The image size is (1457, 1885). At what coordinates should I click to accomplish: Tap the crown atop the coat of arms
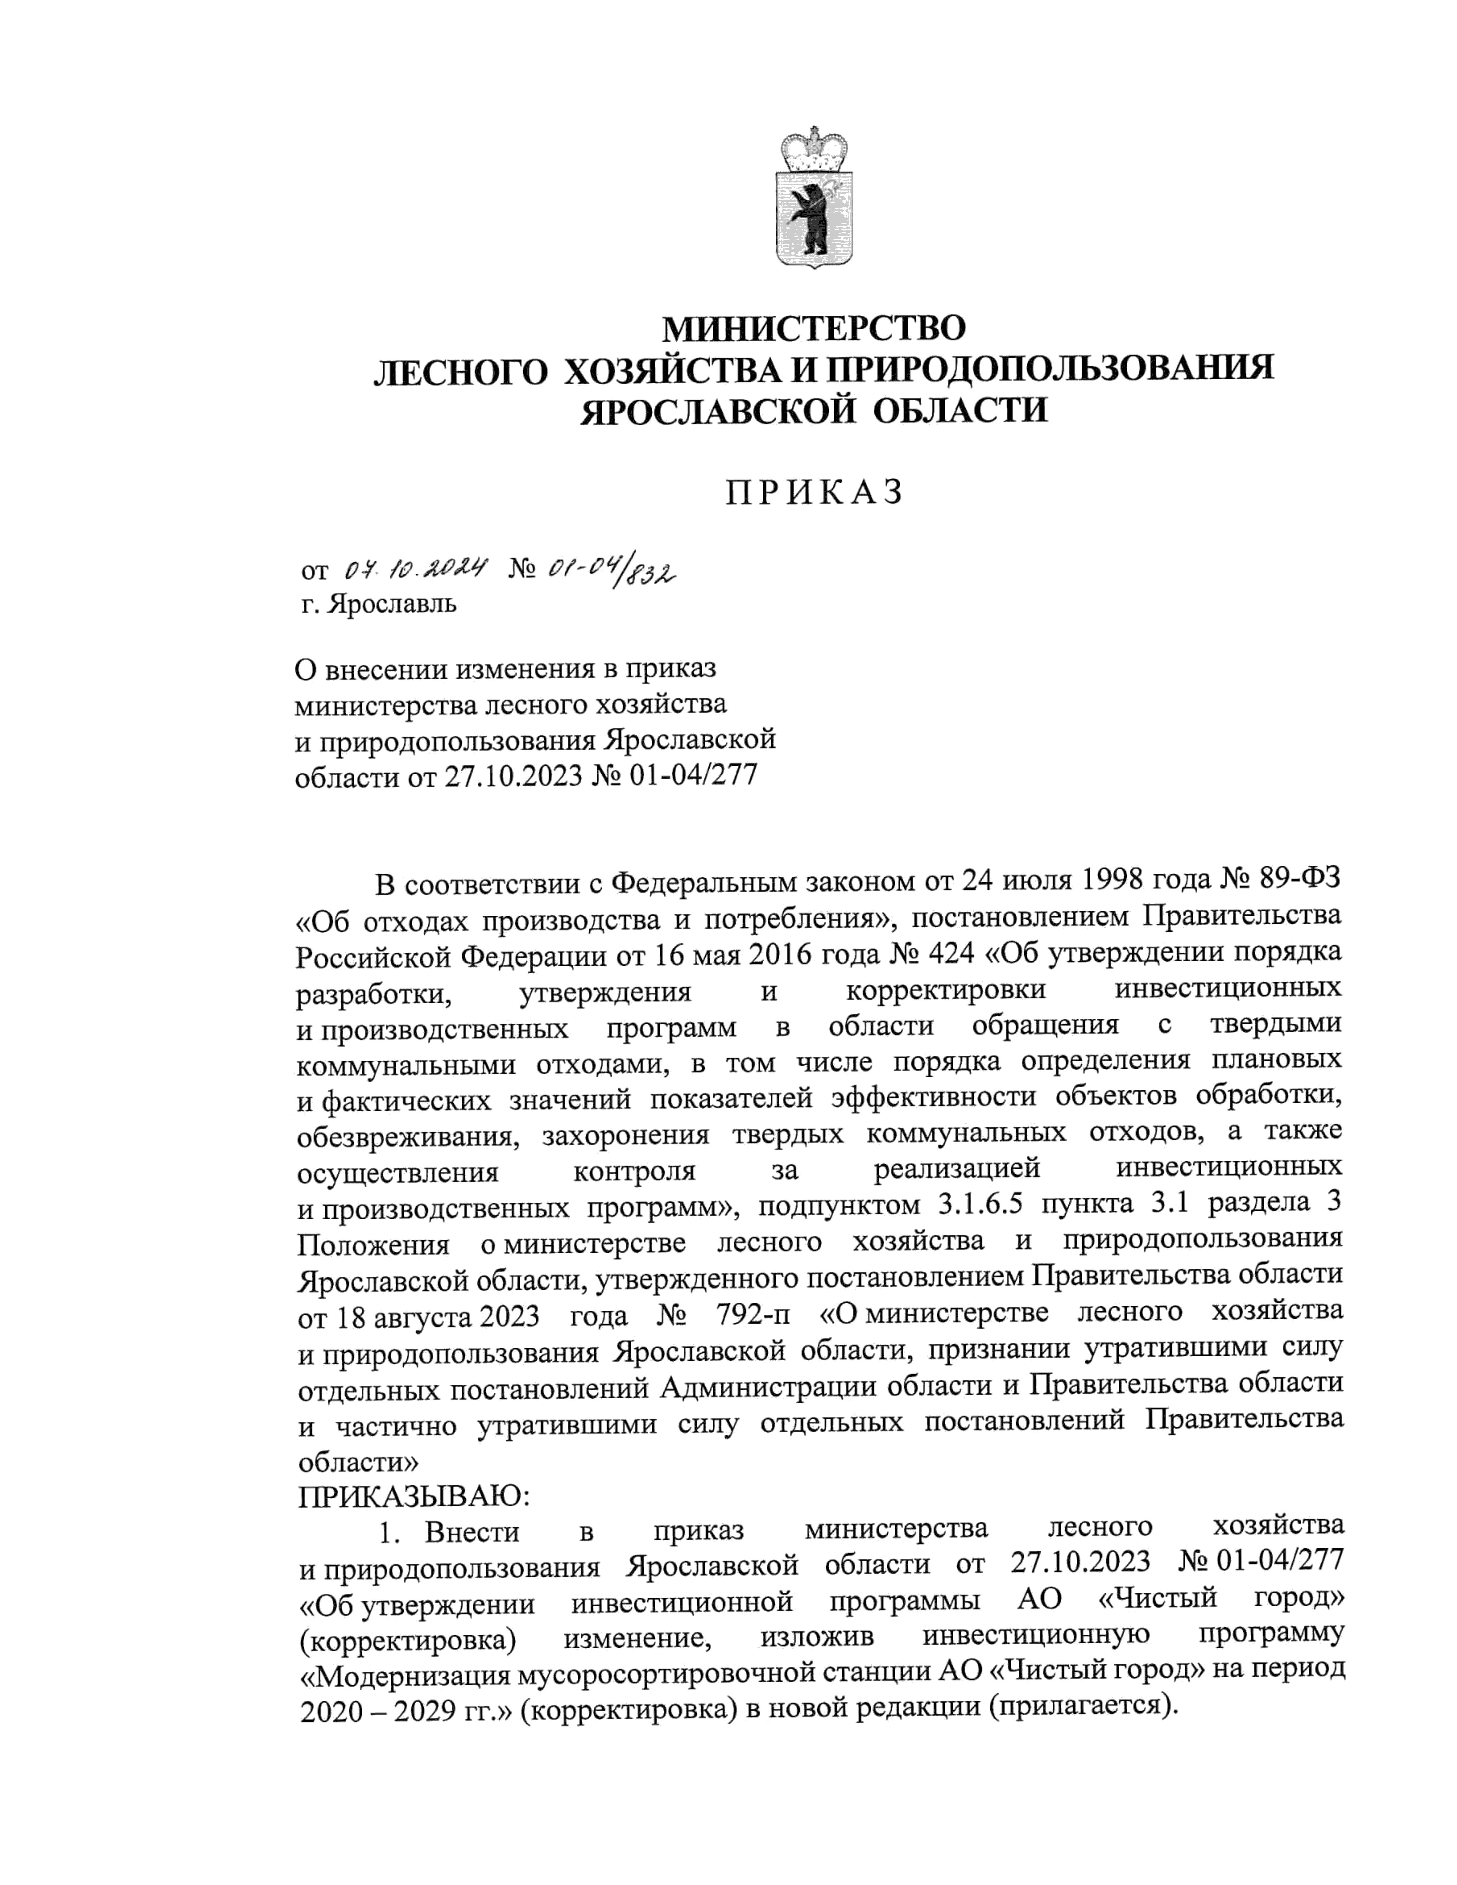tap(813, 149)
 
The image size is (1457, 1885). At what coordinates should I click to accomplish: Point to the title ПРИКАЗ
tap(814, 492)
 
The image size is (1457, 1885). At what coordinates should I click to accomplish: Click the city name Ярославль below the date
tap(392, 604)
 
